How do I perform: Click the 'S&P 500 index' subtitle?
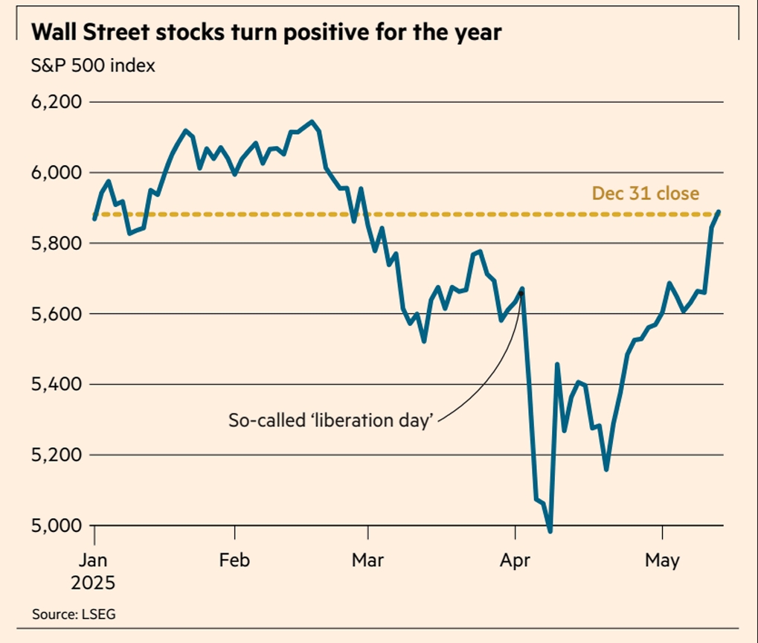click(x=93, y=65)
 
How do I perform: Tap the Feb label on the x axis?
click(x=235, y=560)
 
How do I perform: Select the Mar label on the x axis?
click(x=367, y=560)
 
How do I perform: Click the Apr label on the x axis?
click(x=515, y=560)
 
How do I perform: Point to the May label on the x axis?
click(x=661, y=560)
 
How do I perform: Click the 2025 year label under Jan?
click(x=93, y=583)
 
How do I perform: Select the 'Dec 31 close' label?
click(x=645, y=193)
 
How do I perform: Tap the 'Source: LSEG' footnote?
click(x=74, y=615)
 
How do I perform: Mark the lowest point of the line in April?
click(x=550, y=531)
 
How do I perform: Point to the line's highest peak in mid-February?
click(x=312, y=122)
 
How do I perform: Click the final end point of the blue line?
click(x=719, y=212)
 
